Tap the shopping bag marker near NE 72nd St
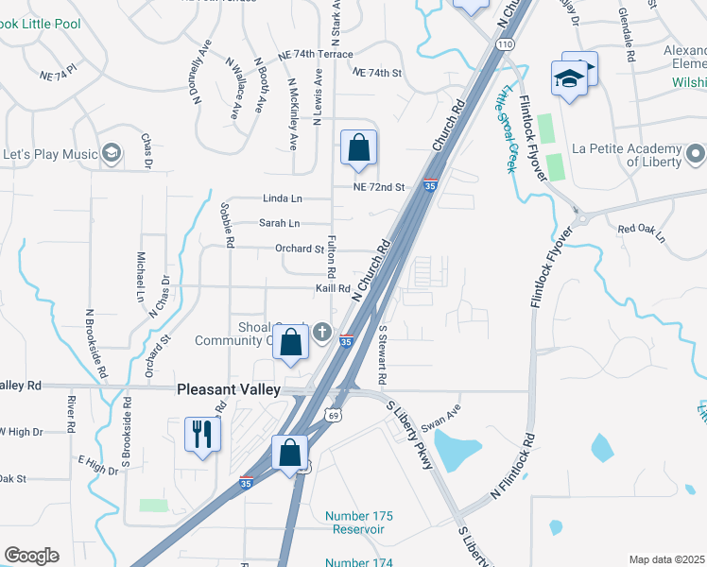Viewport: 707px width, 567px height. [x=359, y=148]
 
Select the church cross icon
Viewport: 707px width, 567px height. [x=322, y=332]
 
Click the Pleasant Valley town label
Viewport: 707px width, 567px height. [x=229, y=389]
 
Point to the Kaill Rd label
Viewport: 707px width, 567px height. [x=334, y=289]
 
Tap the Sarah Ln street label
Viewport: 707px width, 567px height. [x=279, y=224]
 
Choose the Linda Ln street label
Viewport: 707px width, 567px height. [x=282, y=199]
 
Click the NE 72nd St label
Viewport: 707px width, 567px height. [x=378, y=187]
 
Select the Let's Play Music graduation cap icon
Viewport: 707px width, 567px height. [x=112, y=153]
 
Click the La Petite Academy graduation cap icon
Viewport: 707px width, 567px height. [x=697, y=152]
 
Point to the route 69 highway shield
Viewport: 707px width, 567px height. [x=333, y=414]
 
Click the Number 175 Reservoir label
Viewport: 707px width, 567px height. [x=359, y=523]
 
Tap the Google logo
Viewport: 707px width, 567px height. [x=31, y=556]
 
